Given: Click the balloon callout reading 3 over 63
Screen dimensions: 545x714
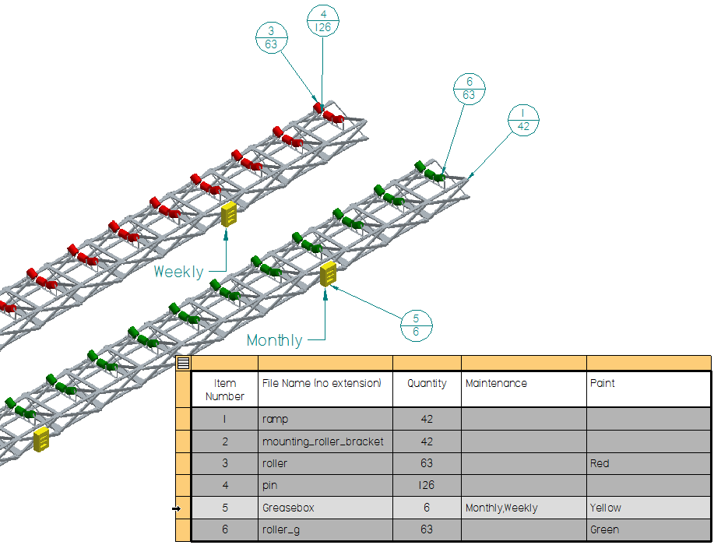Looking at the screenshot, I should pyautogui.click(x=271, y=37).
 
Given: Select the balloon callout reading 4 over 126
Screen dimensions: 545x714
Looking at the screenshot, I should pyautogui.click(x=323, y=20).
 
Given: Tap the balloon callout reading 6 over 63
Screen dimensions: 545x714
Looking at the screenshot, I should pyautogui.click(x=469, y=88).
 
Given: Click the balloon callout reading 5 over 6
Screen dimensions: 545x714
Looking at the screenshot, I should pyautogui.click(x=416, y=325).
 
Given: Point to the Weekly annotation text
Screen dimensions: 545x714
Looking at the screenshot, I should pyautogui.click(x=178, y=272).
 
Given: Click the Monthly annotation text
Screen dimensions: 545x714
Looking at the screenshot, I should pyautogui.click(x=274, y=340).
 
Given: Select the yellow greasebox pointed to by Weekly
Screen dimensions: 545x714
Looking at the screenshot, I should pyautogui.click(x=229, y=213).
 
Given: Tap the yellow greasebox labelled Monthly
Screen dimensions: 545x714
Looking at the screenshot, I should pyautogui.click(x=329, y=274).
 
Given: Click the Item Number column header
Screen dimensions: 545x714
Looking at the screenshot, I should pyautogui.click(x=224, y=389).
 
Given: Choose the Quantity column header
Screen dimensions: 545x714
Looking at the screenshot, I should pyautogui.click(x=427, y=384).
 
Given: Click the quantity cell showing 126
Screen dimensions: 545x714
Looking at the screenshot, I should pyautogui.click(x=427, y=486).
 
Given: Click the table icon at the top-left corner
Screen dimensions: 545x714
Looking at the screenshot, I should pyautogui.click(x=183, y=363).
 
